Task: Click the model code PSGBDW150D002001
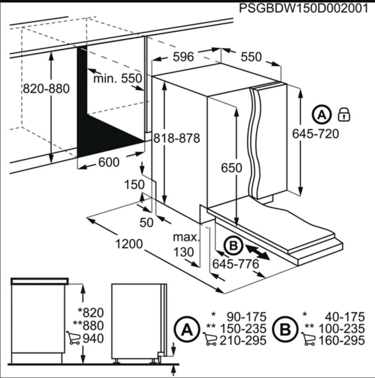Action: point(303,9)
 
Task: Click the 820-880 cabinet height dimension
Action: point(46,89)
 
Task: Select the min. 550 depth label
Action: point(117,78)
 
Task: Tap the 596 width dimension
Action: point(183,57)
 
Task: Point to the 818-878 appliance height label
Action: point(177,138)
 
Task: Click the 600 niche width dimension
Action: point(109,162)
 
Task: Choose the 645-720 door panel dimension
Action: point(315,134)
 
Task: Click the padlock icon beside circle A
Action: point(344,115)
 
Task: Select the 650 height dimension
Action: point(232,168)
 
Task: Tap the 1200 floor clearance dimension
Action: point(129,244)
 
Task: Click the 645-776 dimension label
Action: point(235,264)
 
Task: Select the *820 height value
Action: point(91,313)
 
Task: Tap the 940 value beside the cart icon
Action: point(93,338)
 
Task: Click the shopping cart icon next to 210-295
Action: point(210,339)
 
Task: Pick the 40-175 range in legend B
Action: point(345,317)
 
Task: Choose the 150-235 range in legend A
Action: point(243,328)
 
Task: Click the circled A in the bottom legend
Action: point(187,330)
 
